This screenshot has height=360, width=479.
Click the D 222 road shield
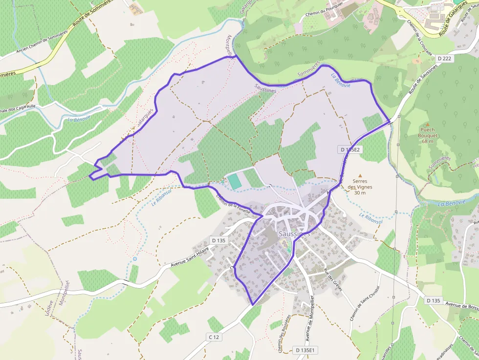(x=444, y=58)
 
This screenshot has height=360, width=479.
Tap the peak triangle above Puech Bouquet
(x=427, y=125)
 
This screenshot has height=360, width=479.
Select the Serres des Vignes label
(x=360, y=187)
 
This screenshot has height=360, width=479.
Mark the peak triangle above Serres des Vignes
(x=361, y=175)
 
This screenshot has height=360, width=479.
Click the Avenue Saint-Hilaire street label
(x=190, y=257)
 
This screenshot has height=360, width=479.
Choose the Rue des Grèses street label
(x=332, y=279)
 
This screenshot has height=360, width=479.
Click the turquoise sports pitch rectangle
(x=234, y=181)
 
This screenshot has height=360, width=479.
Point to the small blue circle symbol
(x=135, y=258)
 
